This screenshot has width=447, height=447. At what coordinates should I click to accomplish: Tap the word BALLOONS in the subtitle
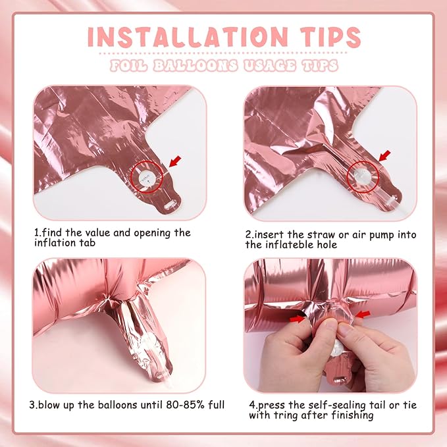(196, 65)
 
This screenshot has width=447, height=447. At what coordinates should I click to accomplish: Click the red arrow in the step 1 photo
(175, 161)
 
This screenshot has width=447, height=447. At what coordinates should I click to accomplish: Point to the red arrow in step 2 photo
(384, 156)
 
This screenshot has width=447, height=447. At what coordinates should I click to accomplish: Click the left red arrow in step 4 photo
(297, 318)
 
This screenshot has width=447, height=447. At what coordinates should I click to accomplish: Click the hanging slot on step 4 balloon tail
(340, 381)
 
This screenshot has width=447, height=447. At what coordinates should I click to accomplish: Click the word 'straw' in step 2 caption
(321, 235)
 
